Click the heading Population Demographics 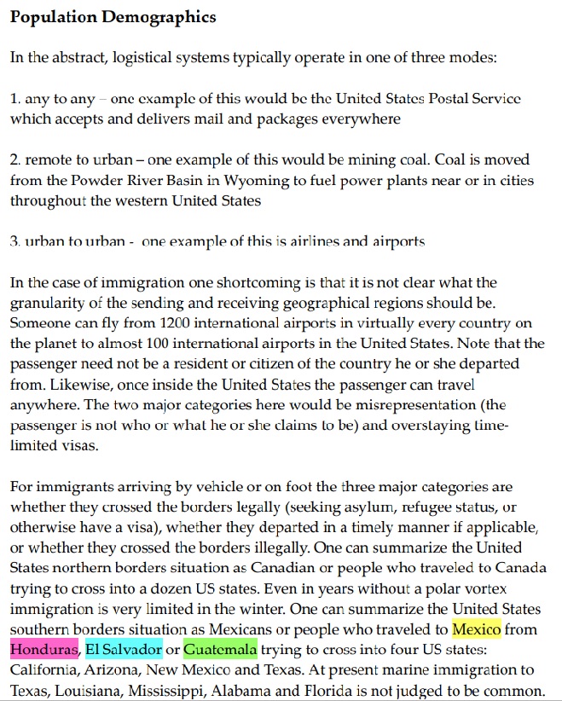point(113,17)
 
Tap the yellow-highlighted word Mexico point(476,630)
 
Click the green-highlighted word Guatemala point(220,651)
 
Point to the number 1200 point(186,323)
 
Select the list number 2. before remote point(15,159)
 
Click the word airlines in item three point(296,241)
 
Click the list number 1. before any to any point(15,99)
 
